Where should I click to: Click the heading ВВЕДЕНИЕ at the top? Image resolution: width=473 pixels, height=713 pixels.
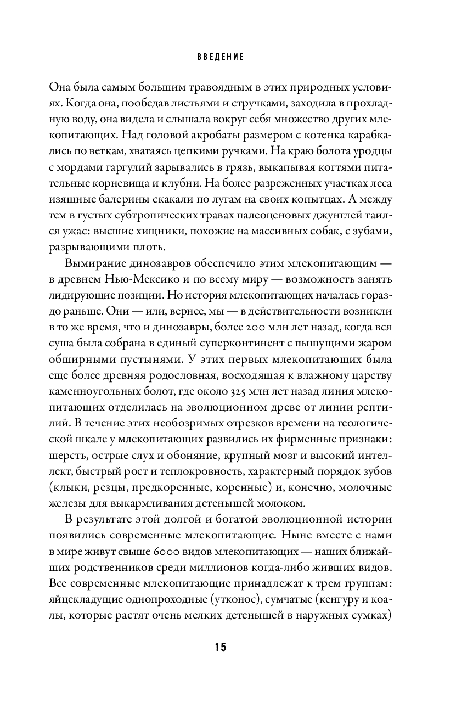[x=221, y=57]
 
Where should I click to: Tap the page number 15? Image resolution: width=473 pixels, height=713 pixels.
[x=220, y=647]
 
